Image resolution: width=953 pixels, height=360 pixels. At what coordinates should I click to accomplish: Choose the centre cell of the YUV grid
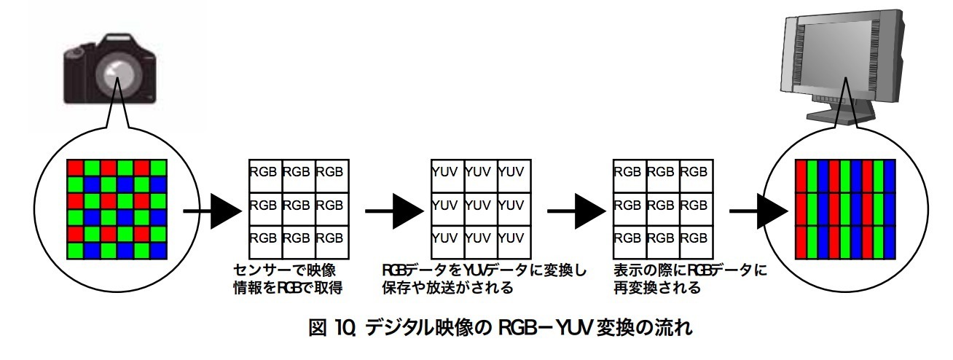coord(480,206)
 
